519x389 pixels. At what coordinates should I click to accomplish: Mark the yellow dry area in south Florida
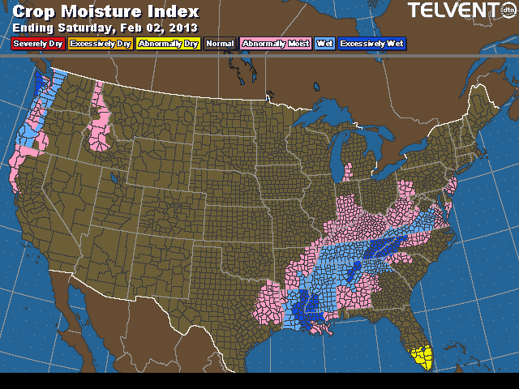422,357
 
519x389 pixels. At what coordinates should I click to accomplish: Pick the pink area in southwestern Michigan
349,172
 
